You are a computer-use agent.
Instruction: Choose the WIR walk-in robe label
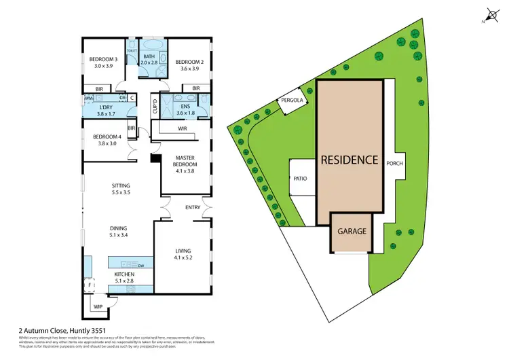pyautogui.click(x=182, y=128)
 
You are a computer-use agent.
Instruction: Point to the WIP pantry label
pyautogui.click(x=98, y=307)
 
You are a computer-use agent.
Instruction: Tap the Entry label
pyautogui.click(x=193, y=207)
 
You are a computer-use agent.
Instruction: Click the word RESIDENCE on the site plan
pyautogui.click(x=349, y=161)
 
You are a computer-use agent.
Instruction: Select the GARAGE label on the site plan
pyautogui.click(x=352, y=232)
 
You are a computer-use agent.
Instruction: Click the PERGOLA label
pyautogui.click(x=288, y=103)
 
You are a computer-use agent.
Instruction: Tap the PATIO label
pyautogui.click(x=301, y=179)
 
